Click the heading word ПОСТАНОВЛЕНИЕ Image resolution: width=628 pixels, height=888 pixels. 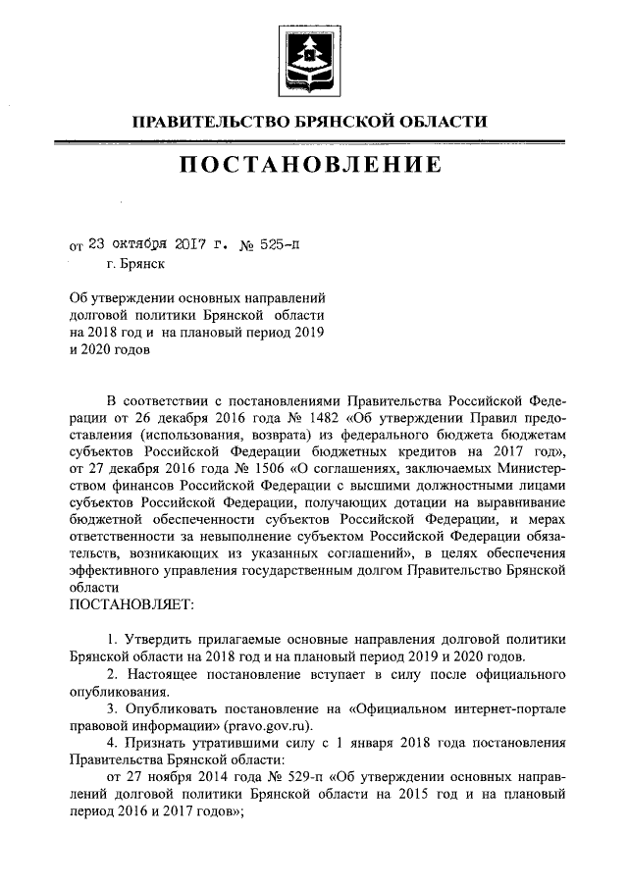[313, 164]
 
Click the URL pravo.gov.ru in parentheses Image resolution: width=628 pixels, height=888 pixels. [265, 726]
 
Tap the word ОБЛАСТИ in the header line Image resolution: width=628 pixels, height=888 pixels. [447, 123]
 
